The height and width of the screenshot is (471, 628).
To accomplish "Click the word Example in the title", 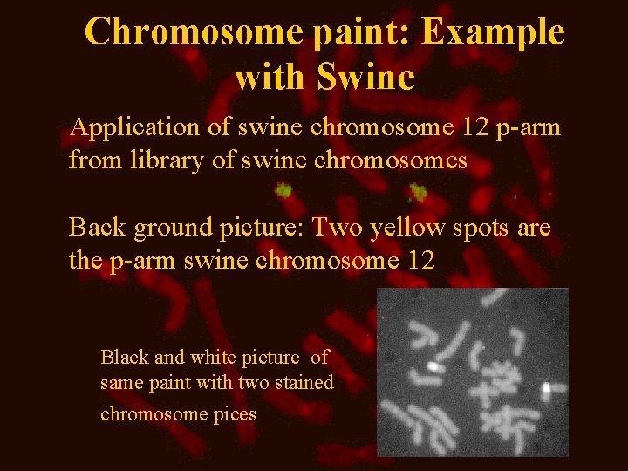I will coord(493,33).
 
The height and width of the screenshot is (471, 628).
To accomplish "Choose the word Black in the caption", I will coord(125,357).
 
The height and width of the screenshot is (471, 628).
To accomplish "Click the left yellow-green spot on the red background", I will coord(283,188).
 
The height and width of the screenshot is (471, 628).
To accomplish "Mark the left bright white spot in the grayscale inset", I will coord(431,366).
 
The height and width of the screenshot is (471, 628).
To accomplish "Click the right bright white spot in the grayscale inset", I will coord(545,386).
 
